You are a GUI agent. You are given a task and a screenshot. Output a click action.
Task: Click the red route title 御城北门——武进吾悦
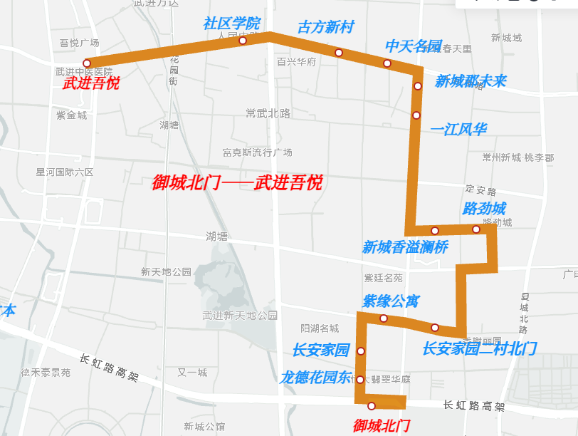(x=237, y=183)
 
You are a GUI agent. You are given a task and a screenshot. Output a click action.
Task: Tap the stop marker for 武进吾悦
(x=87, y=63)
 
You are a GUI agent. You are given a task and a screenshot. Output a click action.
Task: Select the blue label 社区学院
(x=231, y=24)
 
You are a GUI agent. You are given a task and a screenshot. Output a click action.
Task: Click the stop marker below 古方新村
(x=339, y=53)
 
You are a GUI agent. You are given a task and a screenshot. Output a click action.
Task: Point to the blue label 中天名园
(x=414, y=46)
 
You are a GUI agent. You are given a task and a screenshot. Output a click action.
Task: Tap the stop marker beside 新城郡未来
(x=418, y=86)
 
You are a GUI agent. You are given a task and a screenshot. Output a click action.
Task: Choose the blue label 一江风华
(x=458, y=130)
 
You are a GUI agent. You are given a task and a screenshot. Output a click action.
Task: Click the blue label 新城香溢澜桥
(x=405, y=247)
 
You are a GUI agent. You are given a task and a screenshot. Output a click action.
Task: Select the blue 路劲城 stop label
(x=484, y=209)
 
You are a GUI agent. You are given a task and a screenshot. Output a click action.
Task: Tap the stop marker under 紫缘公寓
(x=384, y=318)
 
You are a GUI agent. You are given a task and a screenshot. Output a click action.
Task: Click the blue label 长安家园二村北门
(x=479, y=348)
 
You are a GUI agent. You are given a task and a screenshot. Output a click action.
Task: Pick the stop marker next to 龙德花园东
(x=360, y=380)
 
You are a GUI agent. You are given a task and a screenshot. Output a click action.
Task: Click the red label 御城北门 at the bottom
(x=382, y=426)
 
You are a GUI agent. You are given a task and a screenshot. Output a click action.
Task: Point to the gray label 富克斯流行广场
(x=257, y=152)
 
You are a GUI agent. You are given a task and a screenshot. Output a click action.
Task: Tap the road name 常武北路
(x=268, y=113)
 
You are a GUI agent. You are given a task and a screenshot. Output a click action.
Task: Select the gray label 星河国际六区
(x=65, y=172)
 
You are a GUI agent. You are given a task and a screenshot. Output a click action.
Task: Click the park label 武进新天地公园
(x=240, y=315)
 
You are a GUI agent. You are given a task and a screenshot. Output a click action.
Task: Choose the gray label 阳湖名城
(x=320, y=328)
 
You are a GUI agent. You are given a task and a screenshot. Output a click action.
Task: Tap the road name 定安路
(x=480, y=190)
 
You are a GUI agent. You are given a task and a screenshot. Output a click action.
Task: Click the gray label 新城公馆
(x=204, y=427)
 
